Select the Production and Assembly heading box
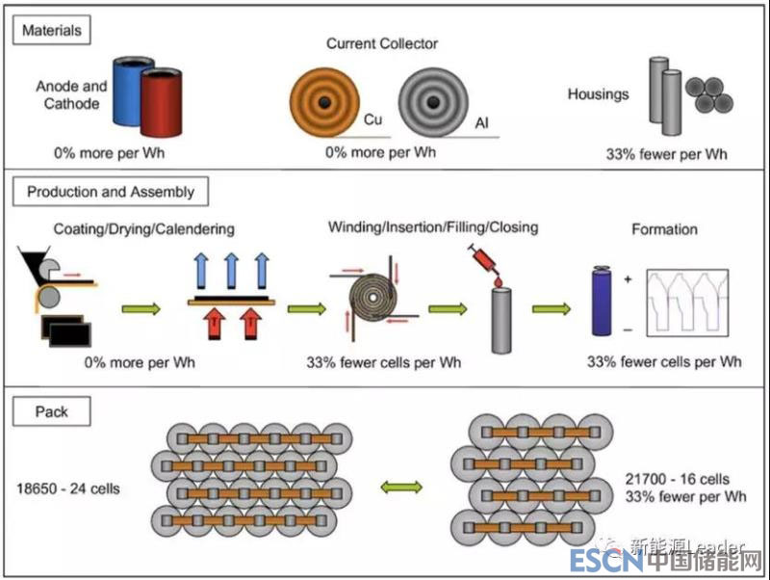(x=111, y=192)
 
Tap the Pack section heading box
(x=52, y=411)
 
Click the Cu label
(x=373, y=120)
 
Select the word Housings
(x=598, y=94)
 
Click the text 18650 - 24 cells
(x=69, y=488)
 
